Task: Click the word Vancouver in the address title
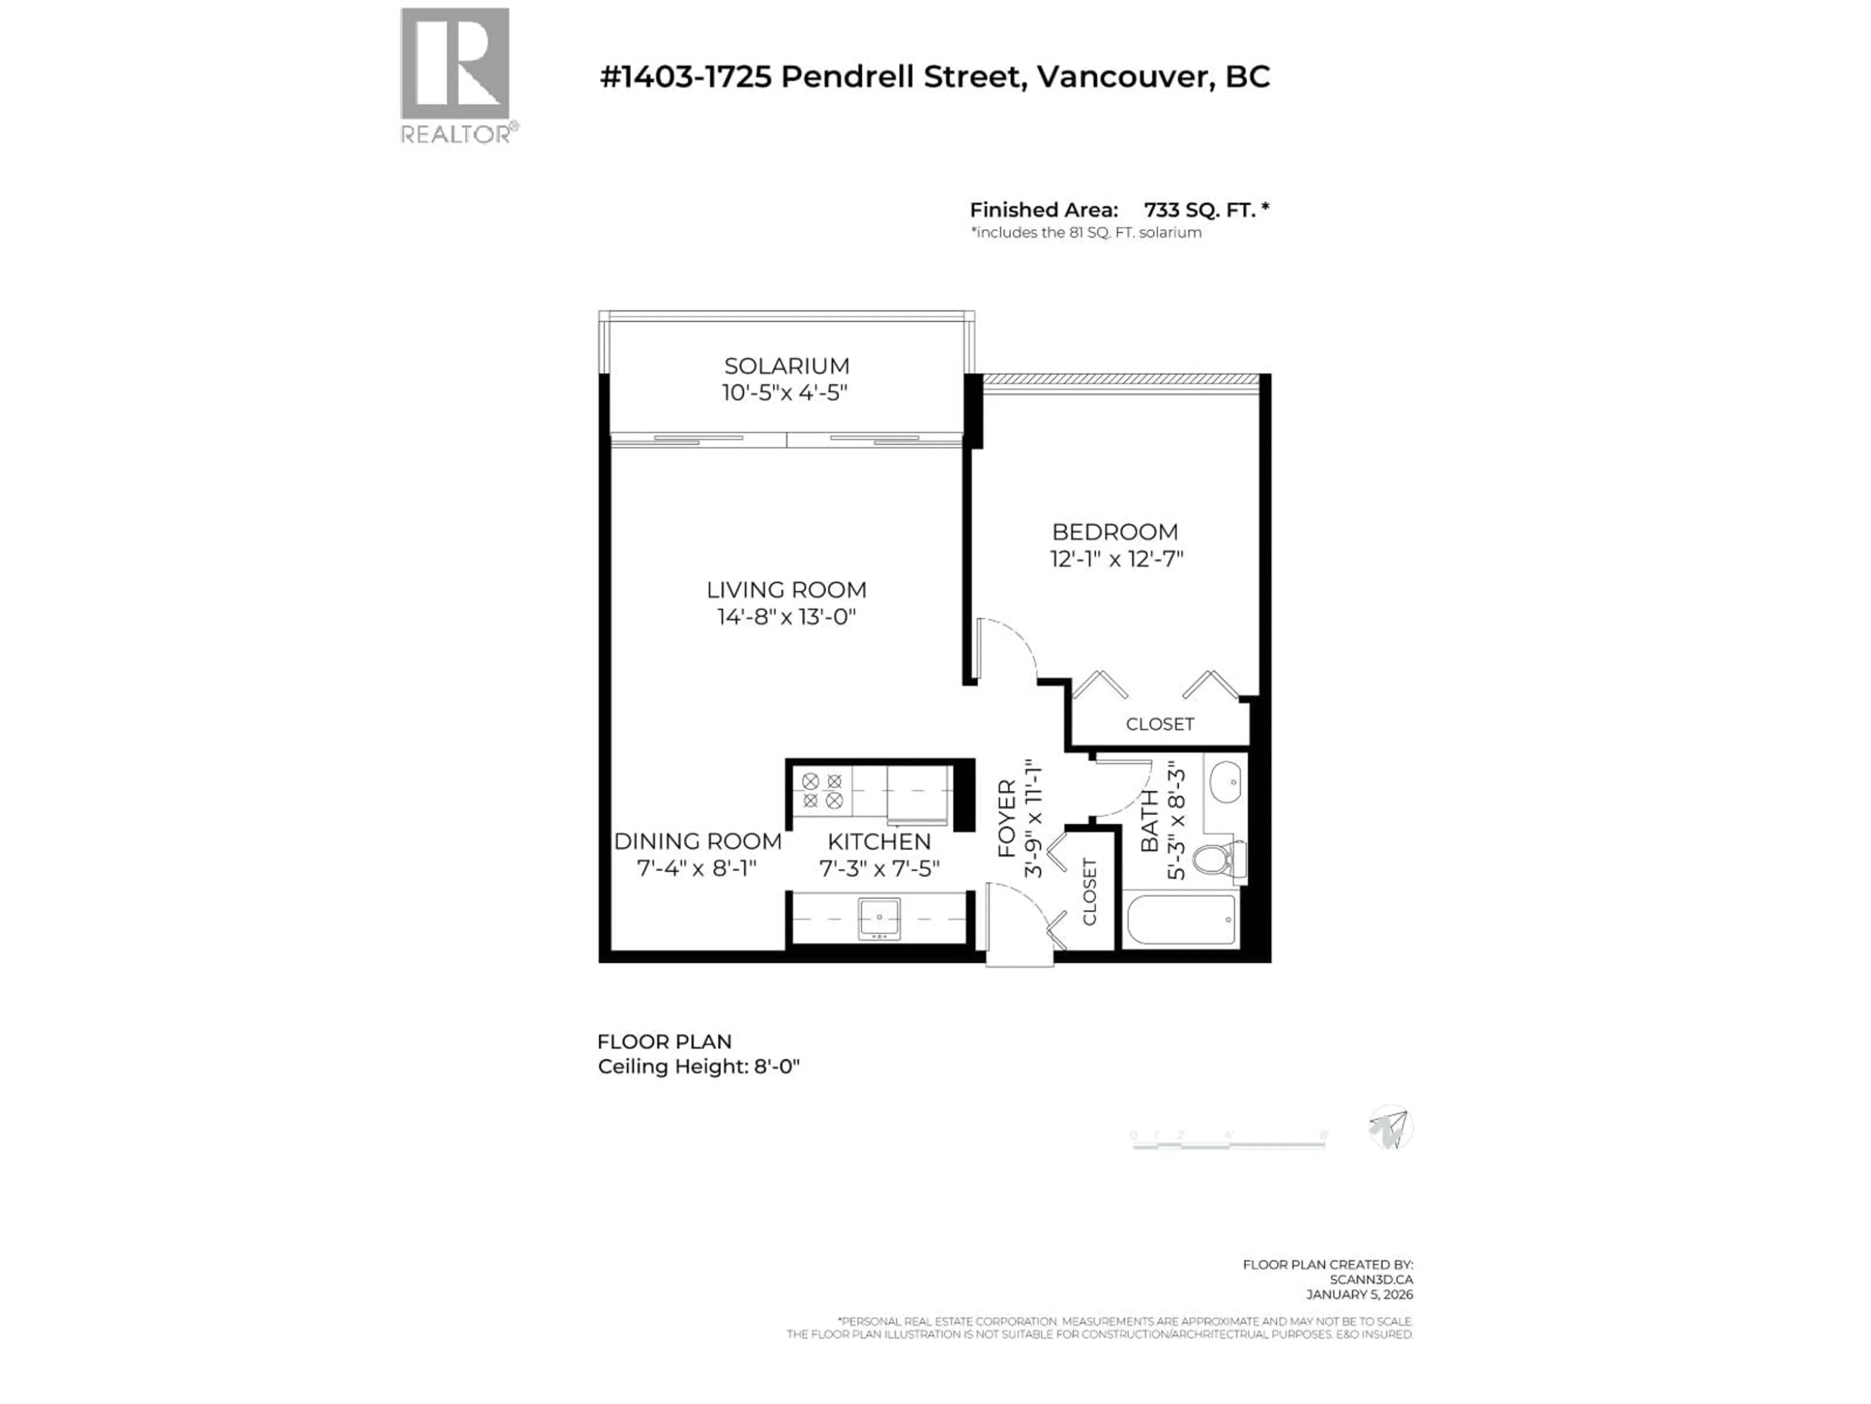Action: [x=1123, y=77]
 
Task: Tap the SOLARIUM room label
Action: [x=786, y=366]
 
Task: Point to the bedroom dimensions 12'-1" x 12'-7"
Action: [x=1117, y=559]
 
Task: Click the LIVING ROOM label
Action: [x=786, y=590]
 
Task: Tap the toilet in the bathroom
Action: [x=1218, y=860]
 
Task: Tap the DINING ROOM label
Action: [x=698, y=841]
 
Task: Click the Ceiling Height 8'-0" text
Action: [x=699, y=1066]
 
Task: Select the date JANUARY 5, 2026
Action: [x=1359, y=1294]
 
